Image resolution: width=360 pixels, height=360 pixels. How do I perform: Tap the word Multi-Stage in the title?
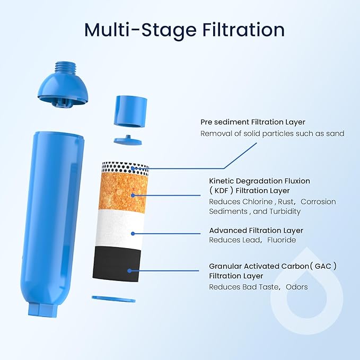click(141, 30)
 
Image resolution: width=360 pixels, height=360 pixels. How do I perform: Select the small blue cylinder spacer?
click(130, 111)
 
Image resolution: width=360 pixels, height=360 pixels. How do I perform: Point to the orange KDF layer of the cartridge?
click(124, 192)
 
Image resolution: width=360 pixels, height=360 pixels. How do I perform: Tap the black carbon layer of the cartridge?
click(117, 264)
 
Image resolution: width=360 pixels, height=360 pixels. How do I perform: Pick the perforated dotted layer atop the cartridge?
click(125, 168)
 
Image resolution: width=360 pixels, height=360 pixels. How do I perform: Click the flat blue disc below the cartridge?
click(113, 299)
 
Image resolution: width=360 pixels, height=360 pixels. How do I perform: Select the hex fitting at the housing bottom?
click(43, 310)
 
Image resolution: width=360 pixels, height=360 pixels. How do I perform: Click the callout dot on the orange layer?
click(133, 196)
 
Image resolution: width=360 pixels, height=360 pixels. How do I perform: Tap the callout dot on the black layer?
click(129, 271)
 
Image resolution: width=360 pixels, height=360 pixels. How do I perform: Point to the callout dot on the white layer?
click(133, 234)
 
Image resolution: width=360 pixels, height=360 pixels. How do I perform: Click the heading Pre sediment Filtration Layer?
click(253, 122)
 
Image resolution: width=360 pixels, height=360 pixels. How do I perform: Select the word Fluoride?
click(282, 240)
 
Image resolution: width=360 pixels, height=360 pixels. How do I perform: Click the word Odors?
click(296, 287)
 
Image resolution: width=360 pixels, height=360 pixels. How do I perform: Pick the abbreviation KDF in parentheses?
click(221, 191)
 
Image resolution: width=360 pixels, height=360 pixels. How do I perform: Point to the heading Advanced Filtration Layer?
click(256, 231)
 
